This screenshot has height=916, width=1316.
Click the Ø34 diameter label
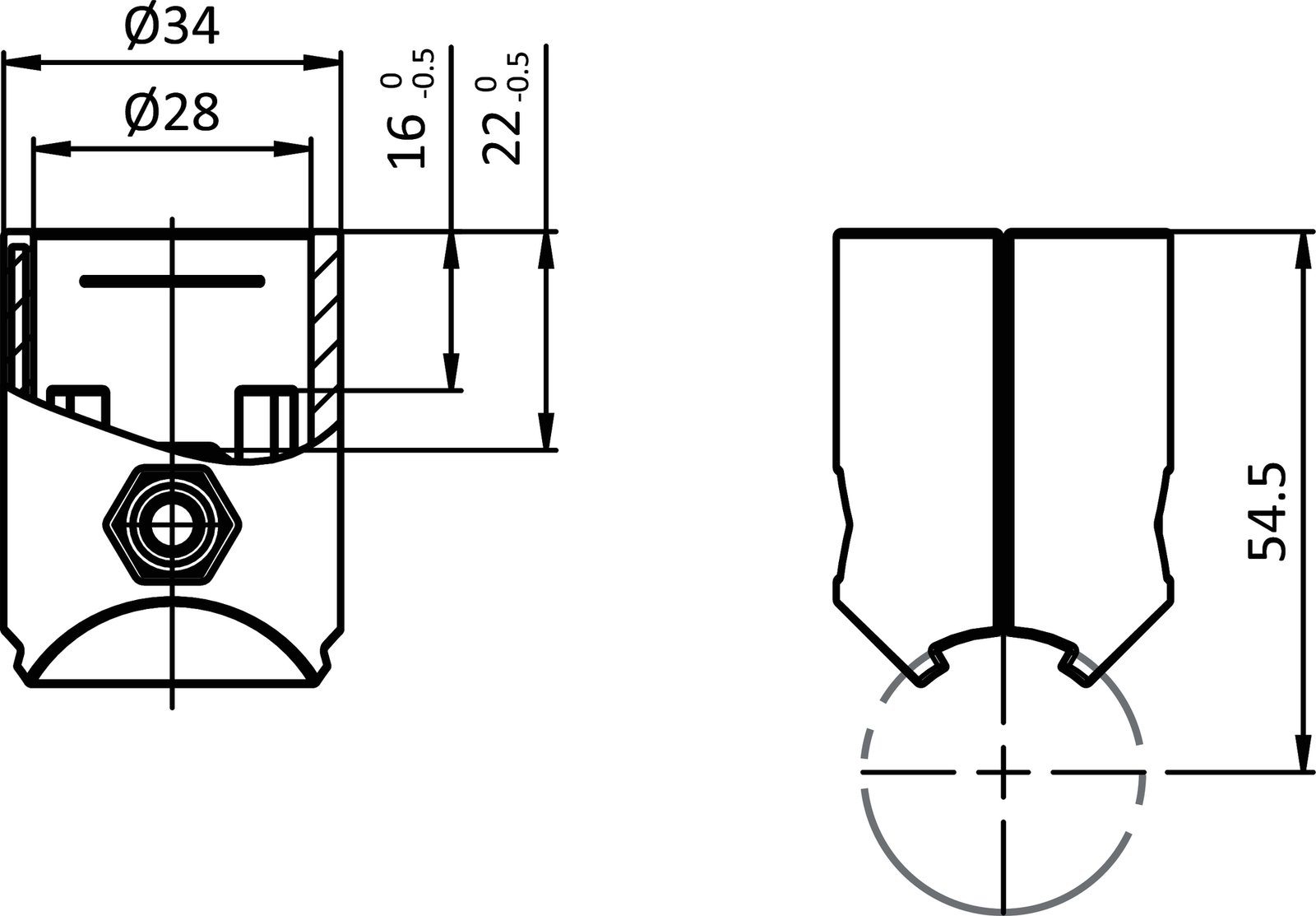(172, 26)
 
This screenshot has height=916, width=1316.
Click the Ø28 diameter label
(172, 113)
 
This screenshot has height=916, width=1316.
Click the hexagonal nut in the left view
(173, 523)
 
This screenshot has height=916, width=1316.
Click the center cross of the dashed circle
(1003, 772)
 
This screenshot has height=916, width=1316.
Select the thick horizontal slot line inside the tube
(172, 281)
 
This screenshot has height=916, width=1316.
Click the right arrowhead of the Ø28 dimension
(293, 149)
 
